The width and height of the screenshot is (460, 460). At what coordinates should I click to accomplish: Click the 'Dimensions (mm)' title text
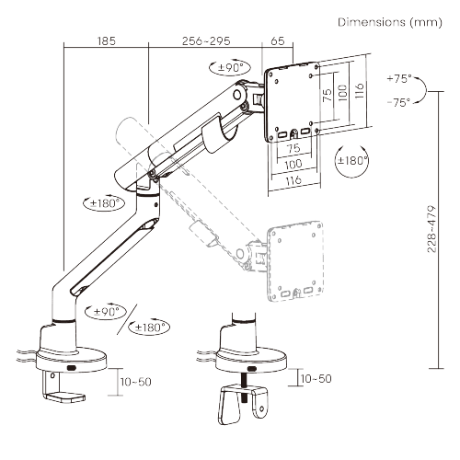[x=390, y=22]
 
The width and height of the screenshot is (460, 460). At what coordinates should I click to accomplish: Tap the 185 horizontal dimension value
[x=107, y=41]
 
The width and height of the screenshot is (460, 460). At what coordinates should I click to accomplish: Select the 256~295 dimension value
[x=206, y=41]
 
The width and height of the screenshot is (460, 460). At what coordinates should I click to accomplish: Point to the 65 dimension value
[x=278, y=41]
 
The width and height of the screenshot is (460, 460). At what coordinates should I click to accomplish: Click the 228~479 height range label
[x=431, y=229]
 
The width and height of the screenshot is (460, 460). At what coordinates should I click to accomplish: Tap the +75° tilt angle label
[x=399, y=79]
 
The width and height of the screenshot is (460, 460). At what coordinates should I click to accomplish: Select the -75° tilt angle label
[x=398, y=102]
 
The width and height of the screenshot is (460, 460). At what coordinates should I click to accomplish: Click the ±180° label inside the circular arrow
[x=352, y=160]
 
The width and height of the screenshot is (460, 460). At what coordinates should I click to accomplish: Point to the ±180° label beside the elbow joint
[x=105, y=203]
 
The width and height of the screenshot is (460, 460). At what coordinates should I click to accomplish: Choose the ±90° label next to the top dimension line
[x=230, y=67]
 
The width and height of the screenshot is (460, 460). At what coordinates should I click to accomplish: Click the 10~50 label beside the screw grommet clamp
[x=316, y=379]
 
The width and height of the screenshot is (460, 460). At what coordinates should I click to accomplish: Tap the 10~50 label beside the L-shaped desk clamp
[x=135, y=382]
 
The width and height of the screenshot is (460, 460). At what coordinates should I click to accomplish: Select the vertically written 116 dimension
[x=360, y=90]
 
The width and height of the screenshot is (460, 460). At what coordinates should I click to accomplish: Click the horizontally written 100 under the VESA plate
[x=293, y=165]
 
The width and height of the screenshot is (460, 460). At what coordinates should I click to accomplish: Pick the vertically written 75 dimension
[x=328, y=95]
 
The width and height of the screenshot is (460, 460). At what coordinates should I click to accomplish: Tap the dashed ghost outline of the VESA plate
[x=295, y=260]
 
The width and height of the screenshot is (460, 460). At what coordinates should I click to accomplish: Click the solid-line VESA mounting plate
[x=292, y=102]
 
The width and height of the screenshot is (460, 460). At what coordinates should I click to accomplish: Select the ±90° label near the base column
[x=106, y=312]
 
